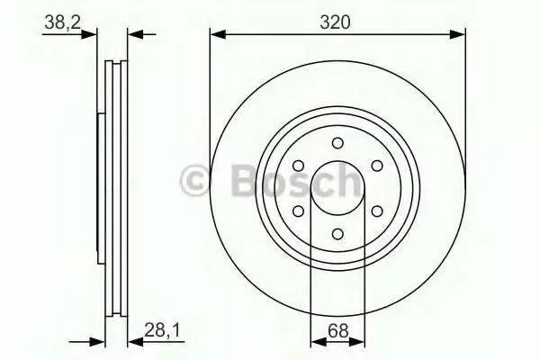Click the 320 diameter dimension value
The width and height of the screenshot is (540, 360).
[x=335, y=22]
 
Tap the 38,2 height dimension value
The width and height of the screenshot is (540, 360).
[x=63, y=22]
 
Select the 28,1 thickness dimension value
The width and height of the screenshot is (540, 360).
[x=162, y=331]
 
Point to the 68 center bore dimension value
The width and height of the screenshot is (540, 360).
[x=337, y=331]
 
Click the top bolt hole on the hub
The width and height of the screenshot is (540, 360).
[x=337, y=143]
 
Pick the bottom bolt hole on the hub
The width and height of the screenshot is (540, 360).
[x=337, y=234]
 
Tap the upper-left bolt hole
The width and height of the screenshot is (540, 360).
[x=298, y=166]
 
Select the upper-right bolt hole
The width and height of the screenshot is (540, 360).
[x=377, y=166]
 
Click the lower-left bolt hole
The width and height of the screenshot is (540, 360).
[x=298, y=211]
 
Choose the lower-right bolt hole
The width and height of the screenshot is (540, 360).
[x=377, y=211]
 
